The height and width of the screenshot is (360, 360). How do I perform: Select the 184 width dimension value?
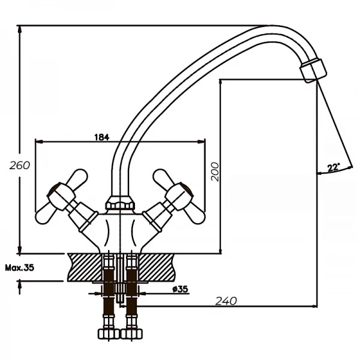[101, 137]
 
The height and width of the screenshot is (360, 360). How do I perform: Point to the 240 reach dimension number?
[225, 300]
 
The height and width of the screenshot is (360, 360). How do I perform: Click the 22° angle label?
[334, 167]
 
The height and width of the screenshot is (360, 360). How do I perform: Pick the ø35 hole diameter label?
[179, 289]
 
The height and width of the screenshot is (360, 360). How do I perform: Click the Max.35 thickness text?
[20, 268]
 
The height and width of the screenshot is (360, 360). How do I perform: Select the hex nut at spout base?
[119, 203]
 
